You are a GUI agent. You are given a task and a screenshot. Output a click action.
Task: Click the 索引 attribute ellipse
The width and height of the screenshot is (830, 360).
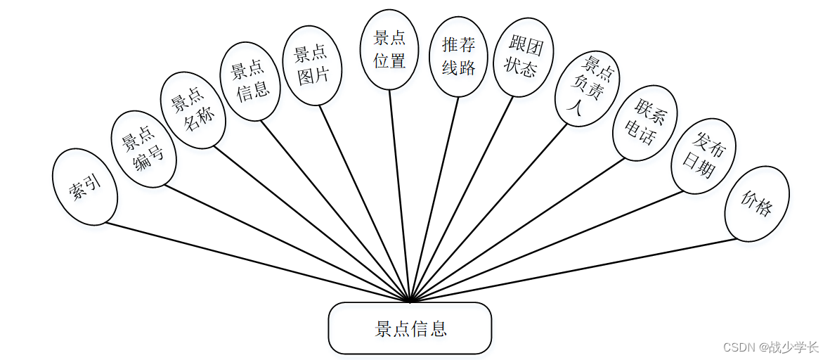(x=85, y=187)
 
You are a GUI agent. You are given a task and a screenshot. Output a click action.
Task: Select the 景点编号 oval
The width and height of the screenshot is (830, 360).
(x=143, y=148)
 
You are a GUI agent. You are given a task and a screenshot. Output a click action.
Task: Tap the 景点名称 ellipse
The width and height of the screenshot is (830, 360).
(x=193, y=110)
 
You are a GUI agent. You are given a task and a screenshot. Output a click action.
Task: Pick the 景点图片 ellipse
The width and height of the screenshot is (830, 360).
(x=311, y=65)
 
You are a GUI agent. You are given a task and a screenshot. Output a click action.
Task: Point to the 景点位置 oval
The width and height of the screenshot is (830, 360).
(x=389, y=49)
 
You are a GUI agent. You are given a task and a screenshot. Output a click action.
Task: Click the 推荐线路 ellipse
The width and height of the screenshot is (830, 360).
(x=458, y=56)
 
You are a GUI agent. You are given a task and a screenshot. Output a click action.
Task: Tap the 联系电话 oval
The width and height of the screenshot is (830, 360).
(x=644, y=123)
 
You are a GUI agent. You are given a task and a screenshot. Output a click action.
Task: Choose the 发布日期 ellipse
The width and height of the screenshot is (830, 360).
(x=703, y=155)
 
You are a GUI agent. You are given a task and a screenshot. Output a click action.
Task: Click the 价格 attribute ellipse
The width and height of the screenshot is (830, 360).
(x=756, y=203)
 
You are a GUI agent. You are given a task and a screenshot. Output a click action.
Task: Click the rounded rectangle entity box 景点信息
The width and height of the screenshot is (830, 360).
(x=410, y=328)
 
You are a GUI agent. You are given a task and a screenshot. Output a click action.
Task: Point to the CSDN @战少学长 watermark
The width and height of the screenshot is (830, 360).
(x=770, y=347)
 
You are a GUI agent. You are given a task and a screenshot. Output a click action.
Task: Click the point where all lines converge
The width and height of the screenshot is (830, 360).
(x=410, y=301)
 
